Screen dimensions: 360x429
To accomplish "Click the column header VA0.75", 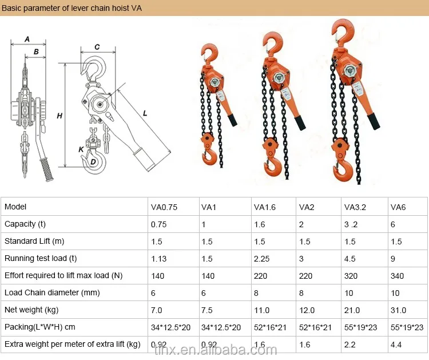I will click(164, 207).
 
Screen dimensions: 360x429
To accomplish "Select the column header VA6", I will click(398, 207).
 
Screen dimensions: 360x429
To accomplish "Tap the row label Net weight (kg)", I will click(31, 310).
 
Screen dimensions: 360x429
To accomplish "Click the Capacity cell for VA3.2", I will click(352, 224).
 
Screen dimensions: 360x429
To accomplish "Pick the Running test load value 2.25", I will click(262, 259).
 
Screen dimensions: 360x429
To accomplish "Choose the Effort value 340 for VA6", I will click(397, 276).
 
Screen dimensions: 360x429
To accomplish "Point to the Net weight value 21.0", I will click(352, 310).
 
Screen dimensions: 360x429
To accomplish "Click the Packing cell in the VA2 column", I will click(315, 327).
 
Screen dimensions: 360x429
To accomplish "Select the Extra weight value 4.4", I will click(396, 345).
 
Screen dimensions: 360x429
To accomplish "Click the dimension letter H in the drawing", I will click(59, 116).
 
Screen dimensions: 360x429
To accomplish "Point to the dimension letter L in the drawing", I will click(145, 113).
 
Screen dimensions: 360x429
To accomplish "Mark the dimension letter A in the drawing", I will click(27, 39).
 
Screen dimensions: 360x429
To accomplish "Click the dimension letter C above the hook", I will click(97, 47).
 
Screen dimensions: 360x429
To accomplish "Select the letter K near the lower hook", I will click(81, 149).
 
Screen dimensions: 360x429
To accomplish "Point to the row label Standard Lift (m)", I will click(34, 242).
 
